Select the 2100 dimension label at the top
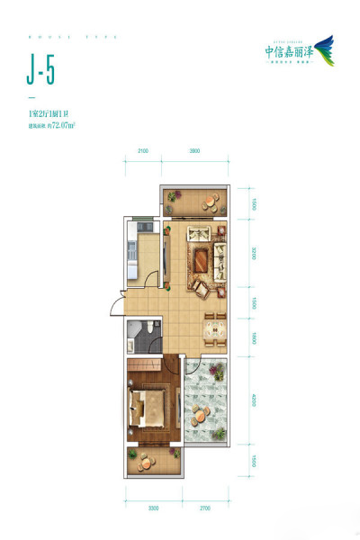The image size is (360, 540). pos(142,152)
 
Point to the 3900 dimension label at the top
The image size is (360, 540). pos(193,152)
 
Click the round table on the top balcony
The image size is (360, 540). pos(209,202)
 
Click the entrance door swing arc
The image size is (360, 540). pos(114,304)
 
